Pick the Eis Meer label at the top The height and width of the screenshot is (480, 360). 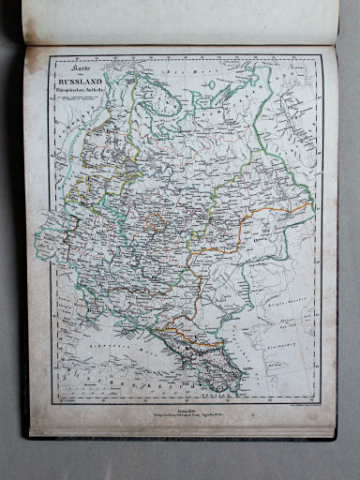[178, 70]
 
